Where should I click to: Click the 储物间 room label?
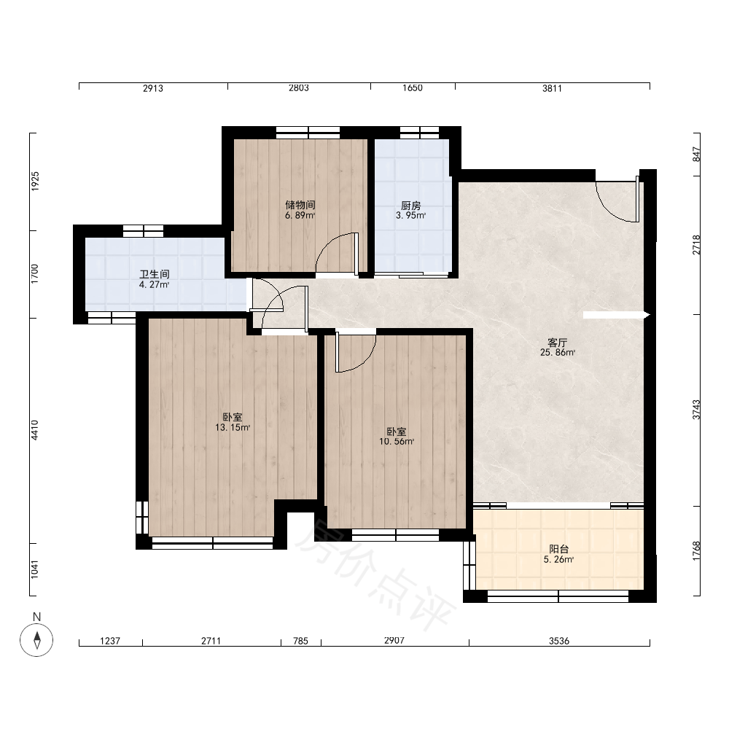tap(300, 205)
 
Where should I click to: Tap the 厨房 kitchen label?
tap(411, 205)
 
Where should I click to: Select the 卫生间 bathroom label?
tap(155, 274)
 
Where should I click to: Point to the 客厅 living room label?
tap(558, 343)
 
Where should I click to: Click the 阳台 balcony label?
tap(559, 549)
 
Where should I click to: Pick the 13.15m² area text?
tap(233, 428)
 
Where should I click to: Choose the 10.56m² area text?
tap(397, 442)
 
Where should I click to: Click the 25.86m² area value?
tap(558, 353)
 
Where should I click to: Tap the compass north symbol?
tap(36, 640)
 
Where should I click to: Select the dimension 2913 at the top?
tap(153, 88)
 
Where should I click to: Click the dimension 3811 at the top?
tap(553, 88)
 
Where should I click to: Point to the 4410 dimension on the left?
tap(35, 430)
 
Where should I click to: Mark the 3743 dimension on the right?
tap(696, 410)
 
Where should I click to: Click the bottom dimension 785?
tap(301, 641)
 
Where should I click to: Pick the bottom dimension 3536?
tap(559, 641)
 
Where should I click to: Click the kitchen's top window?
tap(419, 133)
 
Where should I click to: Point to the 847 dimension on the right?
tap(696, 155)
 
